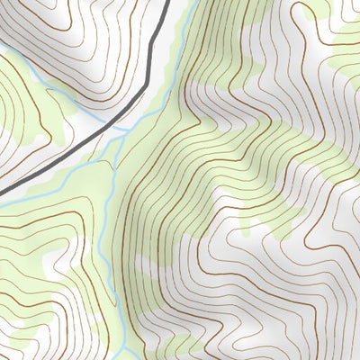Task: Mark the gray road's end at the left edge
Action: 2,192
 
